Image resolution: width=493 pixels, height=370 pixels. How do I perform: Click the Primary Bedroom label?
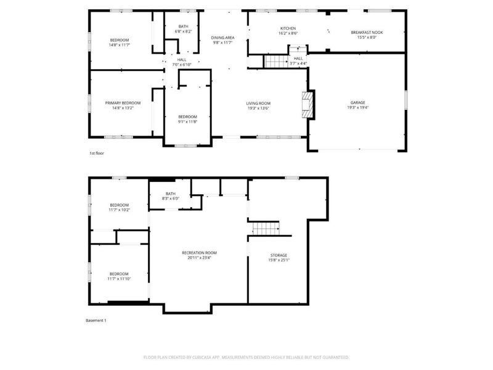coord(123,103)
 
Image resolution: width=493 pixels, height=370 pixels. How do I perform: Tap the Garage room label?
coord(358,103)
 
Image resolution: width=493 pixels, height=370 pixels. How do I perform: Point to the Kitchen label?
coord(288,28)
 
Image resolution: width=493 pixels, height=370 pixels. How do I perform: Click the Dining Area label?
coord(222,38)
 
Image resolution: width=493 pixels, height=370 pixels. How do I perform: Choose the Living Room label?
coord(259,103)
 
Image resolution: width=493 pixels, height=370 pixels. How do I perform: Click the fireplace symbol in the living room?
coord(308,105)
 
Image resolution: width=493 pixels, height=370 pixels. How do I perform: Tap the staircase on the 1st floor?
coord(277,62)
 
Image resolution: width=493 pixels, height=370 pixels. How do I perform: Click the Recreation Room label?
coord(199,252)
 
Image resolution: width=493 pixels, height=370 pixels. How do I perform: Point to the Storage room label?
coord(279,255)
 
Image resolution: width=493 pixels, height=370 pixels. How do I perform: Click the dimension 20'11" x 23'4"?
coord(199,258)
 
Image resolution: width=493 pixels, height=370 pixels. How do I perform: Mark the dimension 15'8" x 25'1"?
coord(279,260)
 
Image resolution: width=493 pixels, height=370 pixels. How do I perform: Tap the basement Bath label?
coord(170,194)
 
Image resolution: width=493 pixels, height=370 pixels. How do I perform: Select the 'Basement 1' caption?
coord(96,321)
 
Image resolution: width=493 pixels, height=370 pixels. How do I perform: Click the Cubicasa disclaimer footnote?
coord(246,357)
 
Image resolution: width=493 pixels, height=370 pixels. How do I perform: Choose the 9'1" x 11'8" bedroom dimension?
coord(187,121)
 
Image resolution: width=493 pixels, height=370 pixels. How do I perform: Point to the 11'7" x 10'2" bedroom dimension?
coord(120,210)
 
